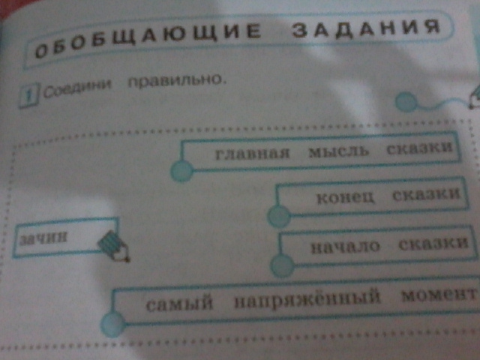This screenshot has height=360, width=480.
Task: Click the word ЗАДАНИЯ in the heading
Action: tap(364, 28)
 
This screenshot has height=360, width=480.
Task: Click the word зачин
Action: tap(45, 236)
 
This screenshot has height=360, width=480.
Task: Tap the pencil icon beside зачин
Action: tap(113, 245)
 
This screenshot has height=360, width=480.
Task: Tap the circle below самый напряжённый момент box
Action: tap(114, 324)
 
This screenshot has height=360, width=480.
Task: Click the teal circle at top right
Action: tap(406, 101)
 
